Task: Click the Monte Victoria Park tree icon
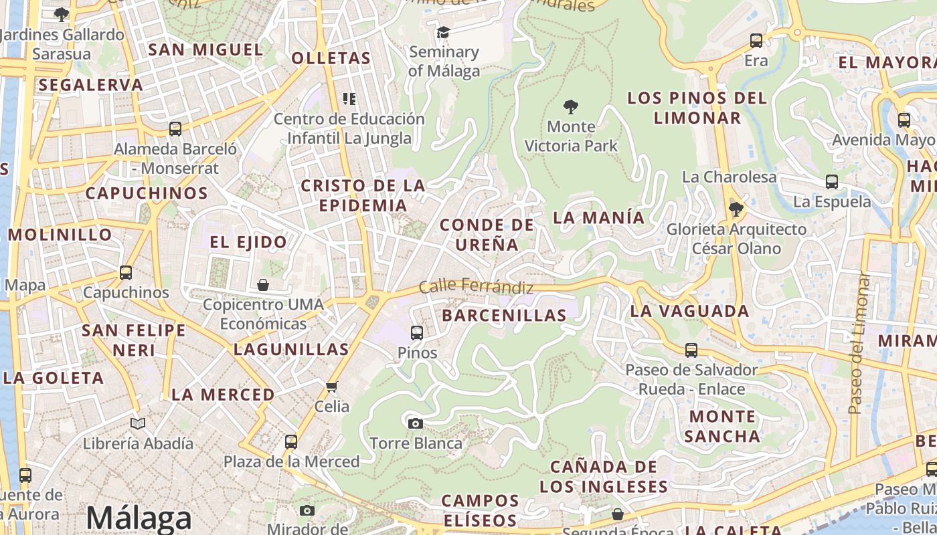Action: [571, 106]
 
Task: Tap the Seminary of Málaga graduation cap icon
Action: [443, 32]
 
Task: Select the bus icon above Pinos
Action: [417, 332]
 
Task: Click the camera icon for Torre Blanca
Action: [416, 423]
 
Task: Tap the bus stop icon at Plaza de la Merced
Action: [290, 441]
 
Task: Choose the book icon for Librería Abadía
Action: [138, 423]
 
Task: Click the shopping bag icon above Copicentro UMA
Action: [263, 285]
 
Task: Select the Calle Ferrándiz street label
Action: [476, 287]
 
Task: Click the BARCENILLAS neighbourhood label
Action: [504, 316]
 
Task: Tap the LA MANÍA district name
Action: [598, 217]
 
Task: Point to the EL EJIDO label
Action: [248, 242]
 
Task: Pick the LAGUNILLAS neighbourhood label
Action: [291, 349]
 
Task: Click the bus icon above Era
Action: [756, 41]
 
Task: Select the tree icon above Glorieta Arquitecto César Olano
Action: [736, 209]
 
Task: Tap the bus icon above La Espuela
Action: [832, 181]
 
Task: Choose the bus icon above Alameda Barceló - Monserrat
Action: [175, 129]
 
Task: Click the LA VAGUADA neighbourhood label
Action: [689, 311]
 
